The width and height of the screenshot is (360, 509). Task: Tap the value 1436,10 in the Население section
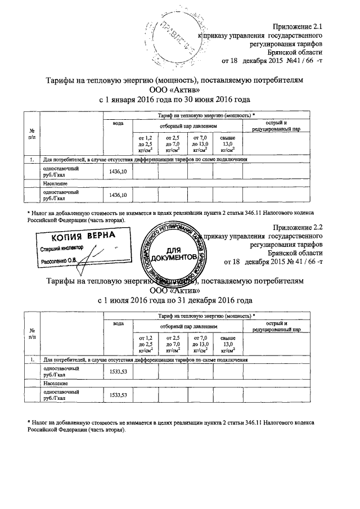pyautogui.click(x=118, y=195)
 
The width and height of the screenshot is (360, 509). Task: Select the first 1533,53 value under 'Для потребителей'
pyautogui.click(x=118, y=372)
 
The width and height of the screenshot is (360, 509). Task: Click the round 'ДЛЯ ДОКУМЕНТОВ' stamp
pyautogui.click(x=174, y=253)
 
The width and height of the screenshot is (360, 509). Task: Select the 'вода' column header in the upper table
pyautogui.click(x=118, y=123)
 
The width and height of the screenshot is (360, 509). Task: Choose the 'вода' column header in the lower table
pyautogui.click(x=118, y=323)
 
